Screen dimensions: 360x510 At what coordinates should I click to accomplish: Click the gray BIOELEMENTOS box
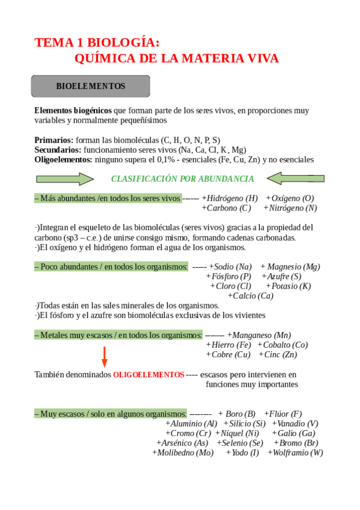pyautogui.click(x=90, y=86)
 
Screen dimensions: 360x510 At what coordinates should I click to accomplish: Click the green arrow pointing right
pyautogui.click(x=65, y=179)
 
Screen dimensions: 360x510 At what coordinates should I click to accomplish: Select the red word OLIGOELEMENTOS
pyautogui.click(x=148, y=375)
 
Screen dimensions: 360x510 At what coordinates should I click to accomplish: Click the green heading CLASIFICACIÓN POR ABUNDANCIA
pyautogui.click(x=183, y=179)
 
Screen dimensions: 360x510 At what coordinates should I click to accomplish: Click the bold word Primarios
pyautogui.click(x=54, y=140)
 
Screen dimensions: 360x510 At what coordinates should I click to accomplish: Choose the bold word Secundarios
pyautogui.click(x=58, y=150)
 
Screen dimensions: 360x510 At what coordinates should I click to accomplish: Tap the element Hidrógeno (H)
pyautogui.click(x=231, y=198)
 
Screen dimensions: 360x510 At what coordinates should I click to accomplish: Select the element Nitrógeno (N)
pyautogui.click(x=292, y=208)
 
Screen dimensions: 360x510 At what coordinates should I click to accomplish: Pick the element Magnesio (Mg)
pyautogui.click(x=293, y=266)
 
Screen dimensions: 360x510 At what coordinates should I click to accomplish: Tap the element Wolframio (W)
pyautogui.click(x=297, y=453)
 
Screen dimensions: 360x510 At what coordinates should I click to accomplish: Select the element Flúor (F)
pyautogui.click(x=284, y=414)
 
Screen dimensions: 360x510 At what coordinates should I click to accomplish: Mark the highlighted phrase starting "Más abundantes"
pyautogui.click(x=108, y=198)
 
